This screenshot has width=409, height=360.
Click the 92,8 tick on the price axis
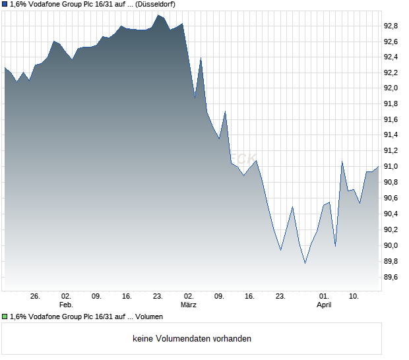pyautogui.click(x=391, y=26)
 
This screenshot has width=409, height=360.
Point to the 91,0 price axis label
pyautogui.click(x=391, y=167)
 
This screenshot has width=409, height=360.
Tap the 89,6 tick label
pyautogui.click(x=391, y=277)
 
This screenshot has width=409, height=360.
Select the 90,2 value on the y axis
pyautogui.click(x=391, y=229)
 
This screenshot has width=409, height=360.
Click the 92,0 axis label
pyautogui.click(x=391, y=88)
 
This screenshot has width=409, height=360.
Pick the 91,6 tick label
pyautogui.click(x=391, y=119)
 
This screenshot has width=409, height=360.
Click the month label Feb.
pyautogui.click(x=65, y=305)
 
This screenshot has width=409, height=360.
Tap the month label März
pyautogui.click(x=189, y=305)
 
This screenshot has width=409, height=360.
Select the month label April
pyautogui.click(x=324, y=305)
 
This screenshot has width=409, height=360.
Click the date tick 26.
pyautogui.click(x=35, y=297)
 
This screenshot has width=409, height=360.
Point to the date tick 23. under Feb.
pyautogui.click(x=158, y=297)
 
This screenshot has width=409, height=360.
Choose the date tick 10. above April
pyautogui.click(x=354, y=297)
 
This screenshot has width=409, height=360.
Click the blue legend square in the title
pyautogui.click(x=5, y=4)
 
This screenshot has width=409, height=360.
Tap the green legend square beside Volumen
pyautogui.click(x=5, y=316)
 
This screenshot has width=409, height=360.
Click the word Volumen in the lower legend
pyautogui.click(x=149, y=316)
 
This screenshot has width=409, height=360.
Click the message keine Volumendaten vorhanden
pyautogui.click(x=192, y=339)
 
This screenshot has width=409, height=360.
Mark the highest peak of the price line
pyautogui.click(x=158, y=15)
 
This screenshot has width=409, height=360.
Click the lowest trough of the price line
pyautogui.click(x=305, y=263)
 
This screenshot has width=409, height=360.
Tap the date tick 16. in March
pyautogui.click(x=249, y=297)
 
